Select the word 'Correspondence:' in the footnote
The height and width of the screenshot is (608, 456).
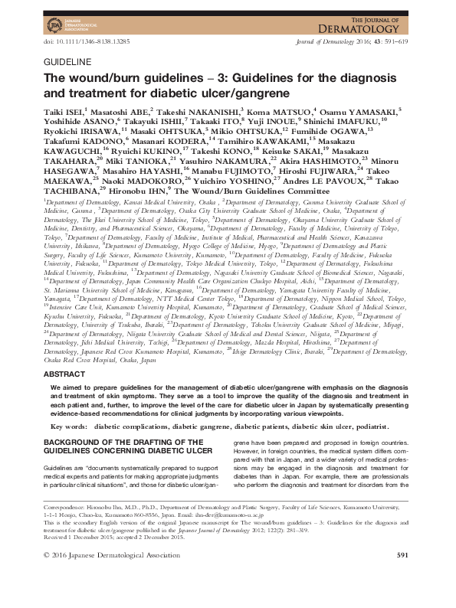tap(70, 529)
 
